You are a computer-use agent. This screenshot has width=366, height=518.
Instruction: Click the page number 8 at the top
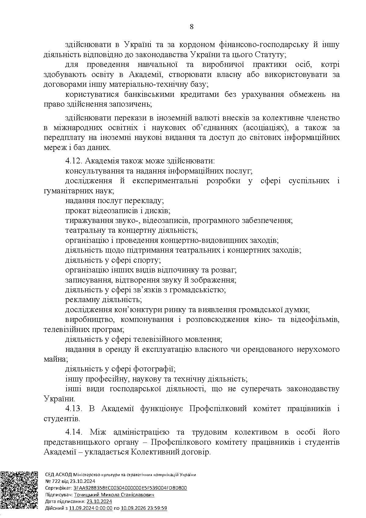click(191, 27)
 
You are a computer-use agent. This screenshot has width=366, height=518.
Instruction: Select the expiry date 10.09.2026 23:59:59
click(144, 508)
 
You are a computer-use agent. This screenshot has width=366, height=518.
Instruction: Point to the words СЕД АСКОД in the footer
click(58, 475)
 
